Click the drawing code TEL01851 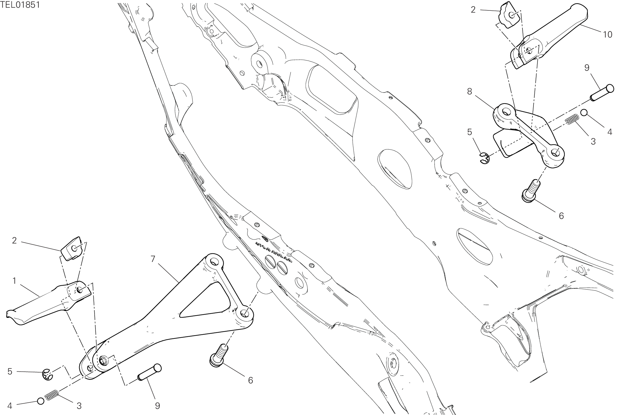(x=20, y=5)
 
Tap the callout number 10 (x=607, y=35)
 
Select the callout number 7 (x=153, y=259)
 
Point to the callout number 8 (x=469, y=92)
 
